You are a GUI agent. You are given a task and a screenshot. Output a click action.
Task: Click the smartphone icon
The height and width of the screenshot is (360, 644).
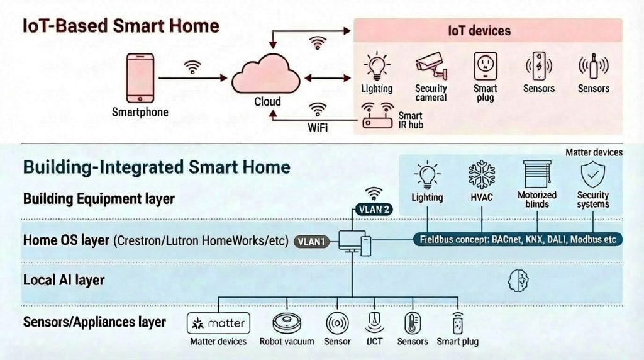(140, 78)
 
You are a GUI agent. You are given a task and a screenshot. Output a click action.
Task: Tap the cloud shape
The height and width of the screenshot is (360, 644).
(267, 77)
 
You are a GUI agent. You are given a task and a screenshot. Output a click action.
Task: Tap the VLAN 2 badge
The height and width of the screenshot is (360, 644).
(374, 210)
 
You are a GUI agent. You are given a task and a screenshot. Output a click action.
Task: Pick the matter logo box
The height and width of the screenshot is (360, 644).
(218, 324)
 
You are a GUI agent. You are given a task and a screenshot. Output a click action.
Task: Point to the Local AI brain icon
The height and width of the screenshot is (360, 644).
(518, 281)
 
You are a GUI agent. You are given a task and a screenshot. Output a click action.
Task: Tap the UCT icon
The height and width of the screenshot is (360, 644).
(374, 323)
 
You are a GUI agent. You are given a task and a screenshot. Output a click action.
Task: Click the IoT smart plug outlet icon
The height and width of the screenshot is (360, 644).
(485, 66)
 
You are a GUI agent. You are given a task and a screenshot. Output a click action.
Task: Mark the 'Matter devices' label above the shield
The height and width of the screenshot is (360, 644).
(594, 152)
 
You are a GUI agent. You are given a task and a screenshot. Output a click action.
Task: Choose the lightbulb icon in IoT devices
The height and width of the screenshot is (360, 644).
(377, 66)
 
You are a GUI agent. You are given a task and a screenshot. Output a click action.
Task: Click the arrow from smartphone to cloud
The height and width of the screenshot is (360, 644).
(192, 78)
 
